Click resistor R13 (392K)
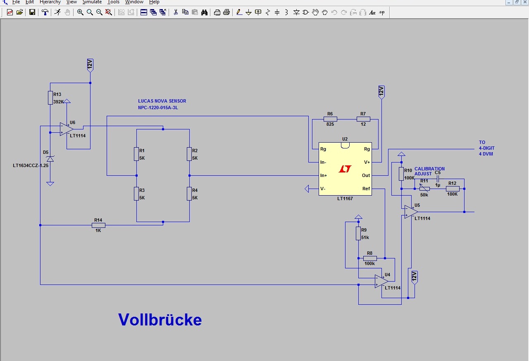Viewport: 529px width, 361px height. tap(50, 98)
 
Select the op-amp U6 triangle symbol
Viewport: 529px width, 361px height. tap(66, 129)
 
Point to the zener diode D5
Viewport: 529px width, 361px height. tap(50, 159)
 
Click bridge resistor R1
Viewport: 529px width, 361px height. tap(136, 154)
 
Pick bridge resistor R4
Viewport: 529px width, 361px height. tap(189, 193)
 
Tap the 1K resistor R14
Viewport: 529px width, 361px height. tap(98, 225)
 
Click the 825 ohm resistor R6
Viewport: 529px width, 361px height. tap(330, 119)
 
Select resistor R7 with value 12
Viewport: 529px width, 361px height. tap(363, 119)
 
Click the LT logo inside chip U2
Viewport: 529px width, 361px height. tap(345, 169)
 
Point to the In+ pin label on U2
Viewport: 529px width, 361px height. tap(324, 175)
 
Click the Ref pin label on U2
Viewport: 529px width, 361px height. tap(366, 189)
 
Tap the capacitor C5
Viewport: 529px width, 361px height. tap(438, 179)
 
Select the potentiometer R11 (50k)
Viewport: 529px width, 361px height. tap(424, 189)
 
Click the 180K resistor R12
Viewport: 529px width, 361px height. tap(453, 189)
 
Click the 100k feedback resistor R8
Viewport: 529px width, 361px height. tap(369, 258)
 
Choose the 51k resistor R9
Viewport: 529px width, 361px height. tap(358, 233)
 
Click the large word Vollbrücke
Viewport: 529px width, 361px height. tap(160, 320)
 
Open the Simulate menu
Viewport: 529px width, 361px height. tap(92, 2)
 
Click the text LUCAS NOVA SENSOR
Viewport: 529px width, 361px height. tap(162, 101)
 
